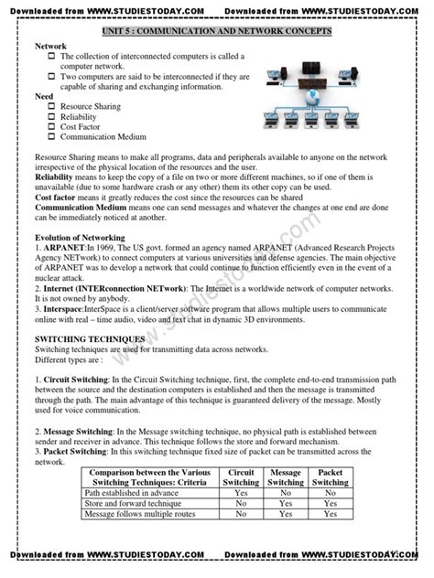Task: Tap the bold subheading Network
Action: pos(50,46)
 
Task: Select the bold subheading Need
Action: pos(43,96)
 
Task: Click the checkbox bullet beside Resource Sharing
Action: pos(51,107)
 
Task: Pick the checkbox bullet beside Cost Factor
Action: pos(51,127)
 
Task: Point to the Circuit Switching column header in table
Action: pos(241,476)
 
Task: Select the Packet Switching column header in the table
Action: pos(331,476)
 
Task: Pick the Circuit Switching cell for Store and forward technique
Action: pos(241,503)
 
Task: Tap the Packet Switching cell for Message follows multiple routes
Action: pos(331,514)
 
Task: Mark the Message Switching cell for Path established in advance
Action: pos(286,492)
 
